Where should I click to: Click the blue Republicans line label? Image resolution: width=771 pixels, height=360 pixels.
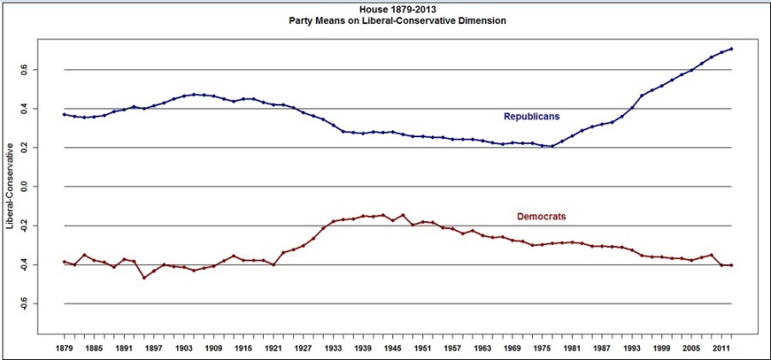531,116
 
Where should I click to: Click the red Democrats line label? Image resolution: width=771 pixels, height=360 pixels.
541,216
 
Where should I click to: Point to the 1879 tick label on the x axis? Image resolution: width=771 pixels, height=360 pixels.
64,349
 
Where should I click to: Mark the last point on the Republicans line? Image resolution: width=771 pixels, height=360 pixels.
731,49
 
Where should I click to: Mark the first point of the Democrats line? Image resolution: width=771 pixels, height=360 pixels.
64,261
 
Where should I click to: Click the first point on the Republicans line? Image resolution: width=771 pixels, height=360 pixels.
64,114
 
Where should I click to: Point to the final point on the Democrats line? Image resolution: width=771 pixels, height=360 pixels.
731,265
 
